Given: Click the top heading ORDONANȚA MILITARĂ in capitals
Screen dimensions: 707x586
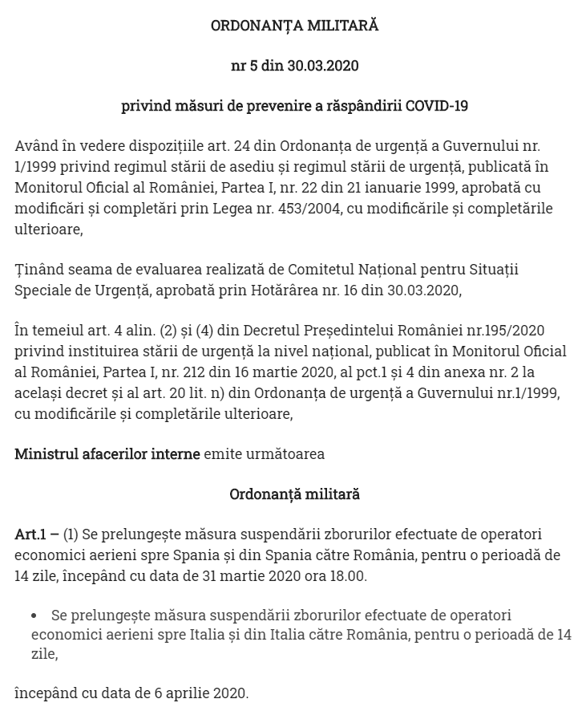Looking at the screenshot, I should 294,26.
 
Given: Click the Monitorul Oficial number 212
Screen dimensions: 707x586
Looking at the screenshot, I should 184,372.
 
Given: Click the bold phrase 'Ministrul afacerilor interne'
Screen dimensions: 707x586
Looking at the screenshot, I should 107,454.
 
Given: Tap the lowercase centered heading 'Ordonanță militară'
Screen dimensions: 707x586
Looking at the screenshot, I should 294,494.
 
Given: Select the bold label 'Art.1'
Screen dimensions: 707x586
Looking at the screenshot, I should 31,534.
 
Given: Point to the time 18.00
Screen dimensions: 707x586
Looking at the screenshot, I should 350,575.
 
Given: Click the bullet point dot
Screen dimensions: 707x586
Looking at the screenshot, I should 34,616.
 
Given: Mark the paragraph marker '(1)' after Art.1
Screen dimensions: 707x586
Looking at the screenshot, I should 71,534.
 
